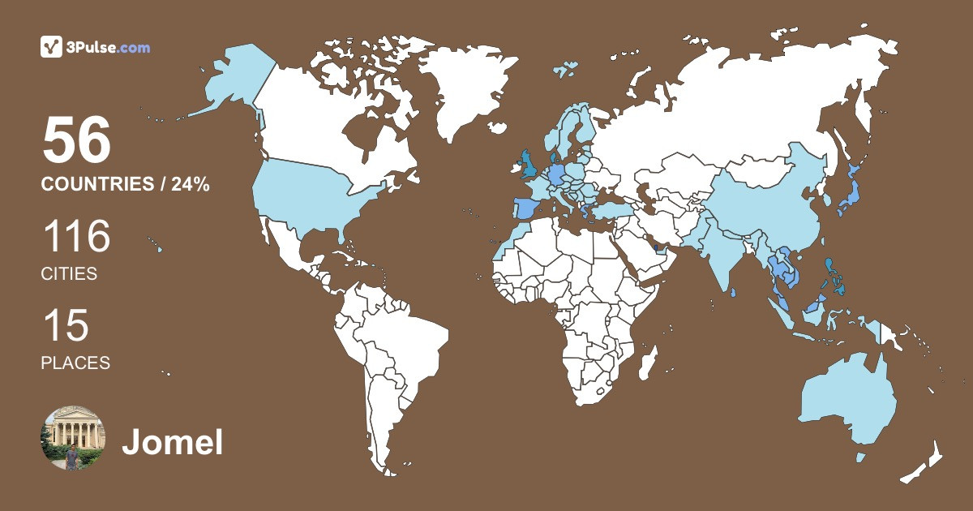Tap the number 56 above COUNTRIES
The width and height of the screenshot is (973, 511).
click(76, 140)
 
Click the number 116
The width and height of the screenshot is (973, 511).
click(76, 237)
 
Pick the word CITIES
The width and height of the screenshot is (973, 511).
click(69, 274)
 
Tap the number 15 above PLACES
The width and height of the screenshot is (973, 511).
click(65, 326)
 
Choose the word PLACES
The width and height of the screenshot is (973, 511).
click(75, 363)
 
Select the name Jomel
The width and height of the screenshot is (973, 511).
click(172, 443)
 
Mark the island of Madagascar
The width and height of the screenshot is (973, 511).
click(646, 361)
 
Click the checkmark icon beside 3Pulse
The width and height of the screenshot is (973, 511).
click(51, 47)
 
